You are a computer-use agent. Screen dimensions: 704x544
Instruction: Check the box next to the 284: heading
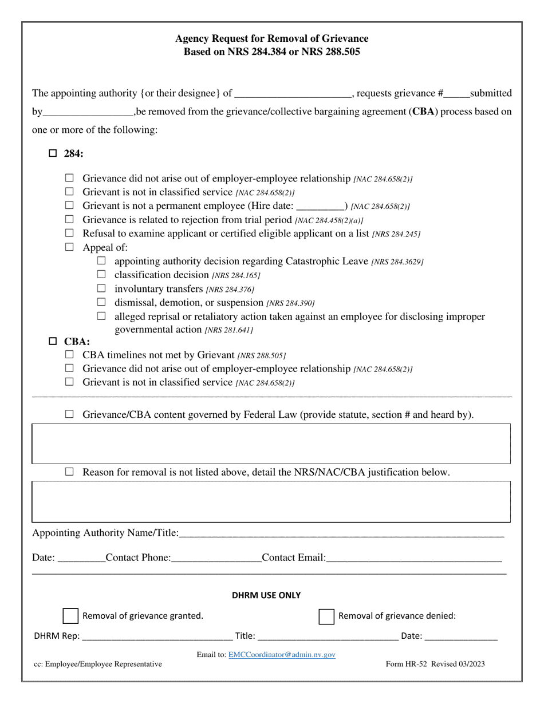tap(53, 153)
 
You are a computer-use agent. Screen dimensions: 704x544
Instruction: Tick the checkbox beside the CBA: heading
tap(53, 342)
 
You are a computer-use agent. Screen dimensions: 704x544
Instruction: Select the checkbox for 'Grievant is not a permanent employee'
tap(70, 205)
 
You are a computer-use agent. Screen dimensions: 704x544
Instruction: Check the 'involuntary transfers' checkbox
tap(101, 288)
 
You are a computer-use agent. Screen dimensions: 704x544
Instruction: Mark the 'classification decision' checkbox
tap(101, 274)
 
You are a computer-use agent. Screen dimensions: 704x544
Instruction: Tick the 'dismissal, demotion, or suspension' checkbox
tap(101, 302)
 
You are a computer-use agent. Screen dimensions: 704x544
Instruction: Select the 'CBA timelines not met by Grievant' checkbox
tap(70, 355)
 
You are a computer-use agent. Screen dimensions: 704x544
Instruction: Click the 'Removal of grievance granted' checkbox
tap(70, 616)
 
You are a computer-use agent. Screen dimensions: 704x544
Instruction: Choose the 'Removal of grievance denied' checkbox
tap(326, 616)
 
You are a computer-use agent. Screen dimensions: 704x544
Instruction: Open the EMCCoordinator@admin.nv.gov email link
tap(282, 654)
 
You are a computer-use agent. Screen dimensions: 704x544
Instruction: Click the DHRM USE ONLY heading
tap(266, 595)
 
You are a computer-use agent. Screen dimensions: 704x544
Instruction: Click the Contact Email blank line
tap(413, 558)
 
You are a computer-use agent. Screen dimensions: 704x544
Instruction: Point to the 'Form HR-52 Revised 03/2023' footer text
tap(435, 664)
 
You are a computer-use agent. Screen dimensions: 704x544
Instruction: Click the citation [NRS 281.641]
tap(229, 330)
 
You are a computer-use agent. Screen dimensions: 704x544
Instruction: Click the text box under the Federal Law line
tap(271, 444)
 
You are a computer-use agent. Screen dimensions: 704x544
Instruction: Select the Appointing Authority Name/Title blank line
tap(341, 533)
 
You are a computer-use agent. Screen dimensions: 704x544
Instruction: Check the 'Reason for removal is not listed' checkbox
tap(70, 472)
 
